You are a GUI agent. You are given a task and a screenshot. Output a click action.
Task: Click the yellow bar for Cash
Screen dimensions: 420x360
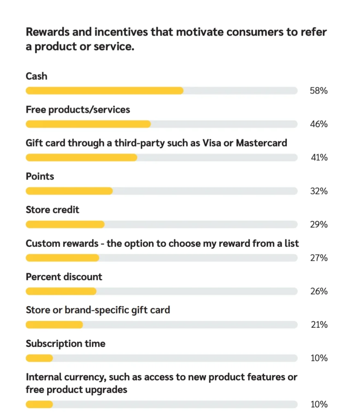pos(105,91)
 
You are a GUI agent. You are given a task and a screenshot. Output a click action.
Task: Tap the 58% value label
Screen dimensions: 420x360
pos(319,91)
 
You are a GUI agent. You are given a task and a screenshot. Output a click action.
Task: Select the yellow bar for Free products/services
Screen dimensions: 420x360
pos(88,124)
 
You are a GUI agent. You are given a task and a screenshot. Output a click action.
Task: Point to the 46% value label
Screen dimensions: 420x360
pos(319,124)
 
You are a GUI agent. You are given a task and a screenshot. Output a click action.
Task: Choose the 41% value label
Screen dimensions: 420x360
pos(319,157)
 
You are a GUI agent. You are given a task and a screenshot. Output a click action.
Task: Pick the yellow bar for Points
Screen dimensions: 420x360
pos(69,191)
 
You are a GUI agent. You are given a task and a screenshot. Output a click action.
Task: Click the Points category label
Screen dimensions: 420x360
pos(40,177)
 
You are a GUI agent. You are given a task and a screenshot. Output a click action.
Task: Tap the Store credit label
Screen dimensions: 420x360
pos(52,210)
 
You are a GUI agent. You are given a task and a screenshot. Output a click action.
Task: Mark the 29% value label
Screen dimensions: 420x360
pos(319,225)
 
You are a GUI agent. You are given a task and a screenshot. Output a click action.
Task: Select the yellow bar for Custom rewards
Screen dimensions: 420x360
pos(62,258)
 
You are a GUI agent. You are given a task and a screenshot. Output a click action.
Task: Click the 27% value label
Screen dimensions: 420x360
pos(319,258)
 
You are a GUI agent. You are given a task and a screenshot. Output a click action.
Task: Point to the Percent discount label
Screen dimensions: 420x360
pos(64,277)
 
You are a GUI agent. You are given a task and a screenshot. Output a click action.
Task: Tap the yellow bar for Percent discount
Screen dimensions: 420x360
pos(61,291)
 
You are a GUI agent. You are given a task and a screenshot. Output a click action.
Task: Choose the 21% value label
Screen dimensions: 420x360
pos(319,325)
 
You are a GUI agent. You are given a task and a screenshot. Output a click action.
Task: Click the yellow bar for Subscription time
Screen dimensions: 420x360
pos(39,358)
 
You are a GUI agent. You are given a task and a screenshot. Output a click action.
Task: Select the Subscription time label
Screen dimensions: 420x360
pos(66,344)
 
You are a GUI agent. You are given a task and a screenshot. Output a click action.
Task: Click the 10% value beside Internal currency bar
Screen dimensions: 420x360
pos(319,404)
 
